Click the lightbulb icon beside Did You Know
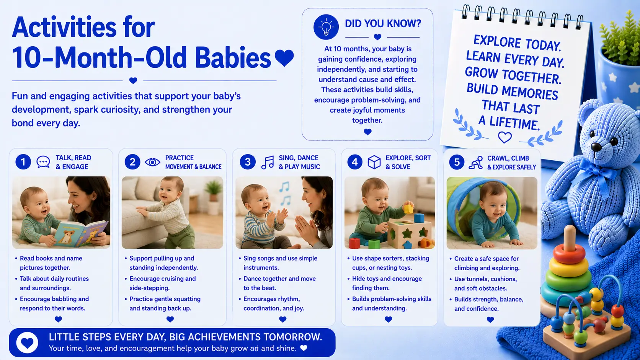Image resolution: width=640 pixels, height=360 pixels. click(326, 27)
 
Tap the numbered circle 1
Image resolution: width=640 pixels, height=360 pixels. click(23, 162)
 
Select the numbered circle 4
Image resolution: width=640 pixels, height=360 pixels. click(355, 162)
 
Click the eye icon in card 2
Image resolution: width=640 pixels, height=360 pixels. click(153, 162)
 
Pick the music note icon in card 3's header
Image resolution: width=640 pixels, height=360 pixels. click(268, 163)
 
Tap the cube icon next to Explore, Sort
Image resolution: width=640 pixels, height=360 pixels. click(374, 163)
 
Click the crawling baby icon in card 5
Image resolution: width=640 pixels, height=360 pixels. click(476, 163)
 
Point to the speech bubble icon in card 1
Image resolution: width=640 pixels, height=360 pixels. click(43, 162)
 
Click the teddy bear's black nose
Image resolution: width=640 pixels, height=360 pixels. click(596, 147)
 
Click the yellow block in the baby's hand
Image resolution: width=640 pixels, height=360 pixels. click(408, 209)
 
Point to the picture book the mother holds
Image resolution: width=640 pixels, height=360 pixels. click(80, 233)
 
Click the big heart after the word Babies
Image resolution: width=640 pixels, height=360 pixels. click(284, 58)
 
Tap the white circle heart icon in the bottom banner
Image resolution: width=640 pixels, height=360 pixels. click(27, 342)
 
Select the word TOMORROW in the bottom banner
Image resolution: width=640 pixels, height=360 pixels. click(293, 337)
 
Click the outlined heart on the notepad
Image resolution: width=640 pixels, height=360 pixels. click(505, 137)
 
